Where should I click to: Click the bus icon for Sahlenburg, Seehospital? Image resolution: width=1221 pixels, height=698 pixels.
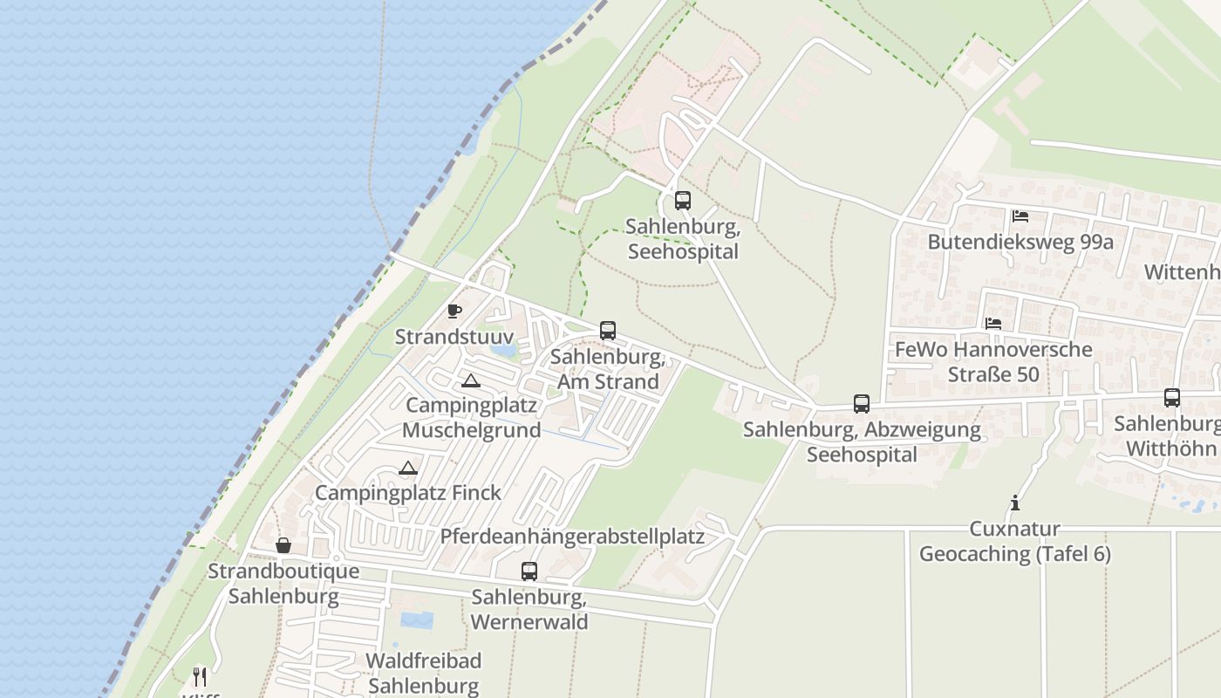682,201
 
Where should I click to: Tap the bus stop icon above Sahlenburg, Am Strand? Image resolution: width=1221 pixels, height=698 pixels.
608,331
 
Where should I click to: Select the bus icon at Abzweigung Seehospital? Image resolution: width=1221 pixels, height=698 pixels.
862,403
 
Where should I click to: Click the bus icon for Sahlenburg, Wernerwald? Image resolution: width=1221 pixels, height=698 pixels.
529,571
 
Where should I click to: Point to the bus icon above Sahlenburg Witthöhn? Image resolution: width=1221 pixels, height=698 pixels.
1172,398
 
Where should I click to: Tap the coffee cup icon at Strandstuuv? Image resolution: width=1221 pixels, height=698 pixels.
454,311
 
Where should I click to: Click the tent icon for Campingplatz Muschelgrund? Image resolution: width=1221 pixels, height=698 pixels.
471,380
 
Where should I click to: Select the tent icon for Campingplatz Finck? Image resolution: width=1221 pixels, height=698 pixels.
408,469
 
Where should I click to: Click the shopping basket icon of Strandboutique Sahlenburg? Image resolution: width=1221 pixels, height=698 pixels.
283,546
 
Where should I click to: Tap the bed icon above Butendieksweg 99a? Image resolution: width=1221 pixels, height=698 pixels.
1020,216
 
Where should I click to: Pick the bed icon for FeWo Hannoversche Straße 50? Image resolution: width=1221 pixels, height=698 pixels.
993,324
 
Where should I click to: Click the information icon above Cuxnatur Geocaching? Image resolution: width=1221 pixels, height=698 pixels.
1014,503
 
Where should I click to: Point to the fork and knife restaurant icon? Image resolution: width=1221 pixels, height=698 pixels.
200,676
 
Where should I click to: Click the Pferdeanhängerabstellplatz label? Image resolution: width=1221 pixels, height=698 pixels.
572,536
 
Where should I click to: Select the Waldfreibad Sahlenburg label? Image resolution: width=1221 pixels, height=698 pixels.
424,673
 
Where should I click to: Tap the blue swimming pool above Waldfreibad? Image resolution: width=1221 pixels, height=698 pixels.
416,620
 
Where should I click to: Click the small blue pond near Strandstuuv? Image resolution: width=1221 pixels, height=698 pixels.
503,350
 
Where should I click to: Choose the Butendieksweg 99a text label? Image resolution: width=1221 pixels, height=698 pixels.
1020,242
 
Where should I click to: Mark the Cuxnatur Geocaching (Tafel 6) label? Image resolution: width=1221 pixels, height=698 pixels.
1015,541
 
